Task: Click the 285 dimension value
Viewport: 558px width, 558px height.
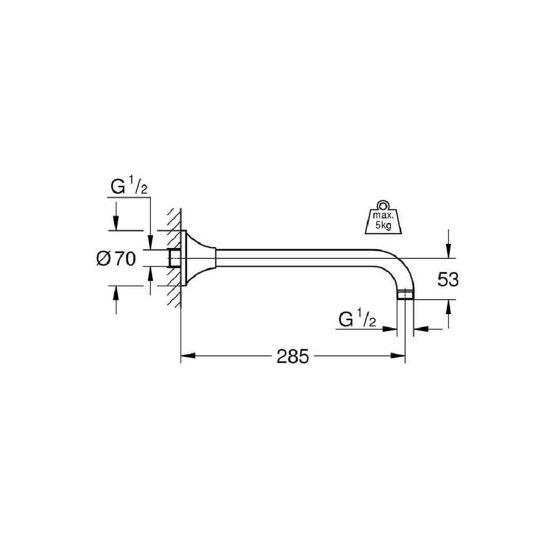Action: click(293, 356)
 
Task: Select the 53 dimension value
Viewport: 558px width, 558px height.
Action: click(448, 280)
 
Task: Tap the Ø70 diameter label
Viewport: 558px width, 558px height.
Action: click(116, 258)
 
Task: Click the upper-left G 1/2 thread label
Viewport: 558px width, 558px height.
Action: click(129, 187)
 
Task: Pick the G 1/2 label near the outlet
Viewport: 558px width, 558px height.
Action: click(358, 319)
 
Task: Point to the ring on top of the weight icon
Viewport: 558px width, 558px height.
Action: click(383, 205)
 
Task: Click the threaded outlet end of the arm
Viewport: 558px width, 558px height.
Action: click(405, 295)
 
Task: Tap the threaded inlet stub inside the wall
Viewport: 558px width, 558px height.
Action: click(175, 258)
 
